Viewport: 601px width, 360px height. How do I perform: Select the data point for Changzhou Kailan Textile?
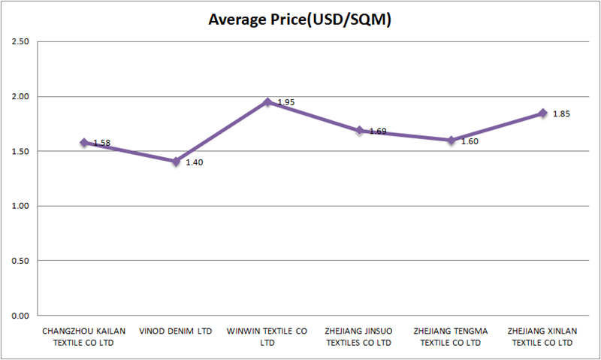(84, 142)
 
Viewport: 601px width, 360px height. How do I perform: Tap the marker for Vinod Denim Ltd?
(176, 162)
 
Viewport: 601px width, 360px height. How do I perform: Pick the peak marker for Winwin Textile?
(267, 101)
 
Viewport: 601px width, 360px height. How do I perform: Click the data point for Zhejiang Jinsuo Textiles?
(359, 130)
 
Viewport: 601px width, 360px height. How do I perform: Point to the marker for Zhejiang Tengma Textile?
(451, 140)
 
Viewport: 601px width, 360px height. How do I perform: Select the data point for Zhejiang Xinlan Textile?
(542, 113)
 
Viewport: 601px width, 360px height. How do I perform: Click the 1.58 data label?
(102, 143)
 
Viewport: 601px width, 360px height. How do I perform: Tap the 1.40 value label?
(194, 162)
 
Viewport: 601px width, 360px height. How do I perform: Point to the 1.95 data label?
(286, 102)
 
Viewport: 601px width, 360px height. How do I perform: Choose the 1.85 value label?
(561, 113)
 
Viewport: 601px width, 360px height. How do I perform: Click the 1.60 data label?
(470, 141)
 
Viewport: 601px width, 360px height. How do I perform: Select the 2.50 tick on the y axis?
(19, 41)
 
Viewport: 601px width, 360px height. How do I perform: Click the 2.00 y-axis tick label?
(19, 96)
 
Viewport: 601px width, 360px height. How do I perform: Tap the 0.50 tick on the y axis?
(19, 261)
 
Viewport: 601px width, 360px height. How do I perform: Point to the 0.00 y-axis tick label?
(19, 316)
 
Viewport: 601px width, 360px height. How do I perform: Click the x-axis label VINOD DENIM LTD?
(176, 331)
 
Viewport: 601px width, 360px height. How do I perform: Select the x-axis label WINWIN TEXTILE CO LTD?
(267, 336)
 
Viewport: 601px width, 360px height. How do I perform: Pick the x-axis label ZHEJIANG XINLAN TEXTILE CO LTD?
(542, 336)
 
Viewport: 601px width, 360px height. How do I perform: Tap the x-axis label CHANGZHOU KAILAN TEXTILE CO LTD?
(84, 336)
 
